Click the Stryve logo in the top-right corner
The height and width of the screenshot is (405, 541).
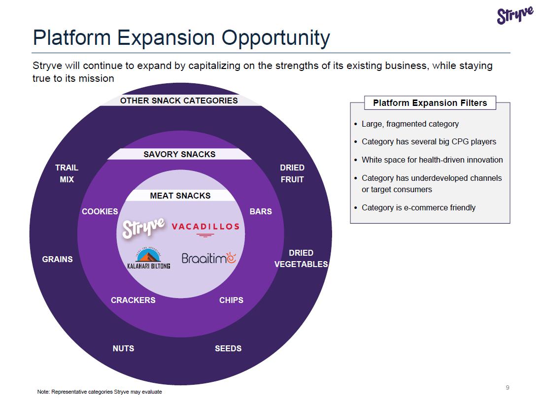515,15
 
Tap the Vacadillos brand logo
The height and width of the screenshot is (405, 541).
205,228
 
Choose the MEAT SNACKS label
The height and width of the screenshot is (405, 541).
180,196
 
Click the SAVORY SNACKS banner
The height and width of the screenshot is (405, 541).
179,154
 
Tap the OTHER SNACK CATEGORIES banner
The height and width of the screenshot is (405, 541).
179,101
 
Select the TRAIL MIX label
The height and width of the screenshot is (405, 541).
67,173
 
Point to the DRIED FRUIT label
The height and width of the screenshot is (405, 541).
292,173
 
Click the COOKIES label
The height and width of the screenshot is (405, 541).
100,211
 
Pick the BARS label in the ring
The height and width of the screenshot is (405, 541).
261,211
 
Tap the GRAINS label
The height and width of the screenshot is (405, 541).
57,259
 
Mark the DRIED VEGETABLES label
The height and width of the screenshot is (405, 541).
301,259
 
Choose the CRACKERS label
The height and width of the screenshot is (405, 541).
133,300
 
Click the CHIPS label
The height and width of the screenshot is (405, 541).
231,300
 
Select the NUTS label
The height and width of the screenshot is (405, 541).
123,348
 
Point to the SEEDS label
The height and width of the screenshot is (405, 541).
228,348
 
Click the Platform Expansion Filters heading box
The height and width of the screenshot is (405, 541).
430,103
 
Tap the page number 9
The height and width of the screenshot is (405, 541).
507,387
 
